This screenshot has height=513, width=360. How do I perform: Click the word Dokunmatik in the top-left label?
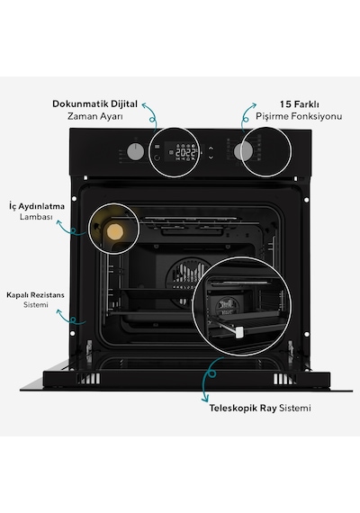(x=80, y=103)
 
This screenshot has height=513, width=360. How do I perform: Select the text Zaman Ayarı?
(x=94, y=116)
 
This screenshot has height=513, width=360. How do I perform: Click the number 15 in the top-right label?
(x=285, y=104)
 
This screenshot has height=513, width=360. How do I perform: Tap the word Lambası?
(x=36, y=217)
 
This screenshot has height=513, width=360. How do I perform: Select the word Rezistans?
(x=49, y=295)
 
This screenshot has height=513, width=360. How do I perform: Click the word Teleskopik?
(x=233, y=409)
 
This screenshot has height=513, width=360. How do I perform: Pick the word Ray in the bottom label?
(x=268, y=409)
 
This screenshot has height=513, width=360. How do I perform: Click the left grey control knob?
(x=135, y=152)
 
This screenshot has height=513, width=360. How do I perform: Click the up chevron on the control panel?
(x=211, y=148)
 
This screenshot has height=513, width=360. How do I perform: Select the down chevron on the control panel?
(x=211, y=157)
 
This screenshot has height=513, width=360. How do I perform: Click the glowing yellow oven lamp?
(x=115, y=231)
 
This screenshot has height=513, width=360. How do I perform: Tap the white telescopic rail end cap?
(x=239, y=332)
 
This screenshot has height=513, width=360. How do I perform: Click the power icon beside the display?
(x=157, y=157)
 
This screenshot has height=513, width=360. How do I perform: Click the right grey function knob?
(x=243, y=151)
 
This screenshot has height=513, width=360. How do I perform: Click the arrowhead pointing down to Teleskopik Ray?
(x=205, y=400)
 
